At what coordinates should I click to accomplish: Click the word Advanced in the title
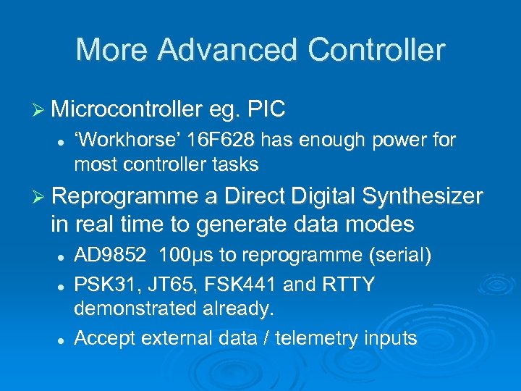click(x=227, y=50)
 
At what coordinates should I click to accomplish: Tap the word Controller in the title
click(x=376, y=50)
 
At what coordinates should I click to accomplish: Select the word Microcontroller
click(x=126, y=109)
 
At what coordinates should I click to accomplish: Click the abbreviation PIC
click(x=266, y=109)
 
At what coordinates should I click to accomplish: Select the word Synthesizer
click(x=422, y=196)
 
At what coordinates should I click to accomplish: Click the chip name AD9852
click(x=110, y=256)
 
